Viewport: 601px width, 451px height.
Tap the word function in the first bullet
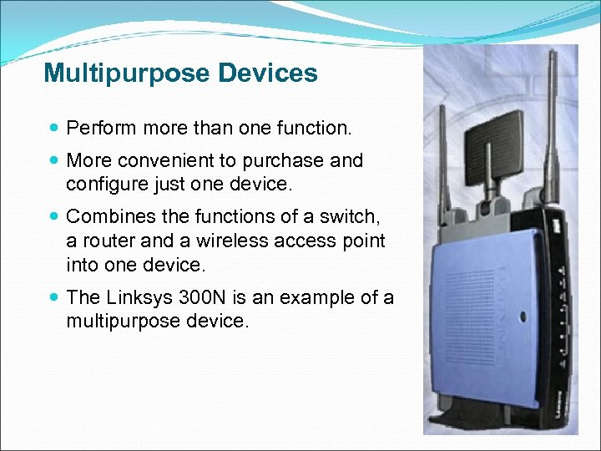(x=314, y=128)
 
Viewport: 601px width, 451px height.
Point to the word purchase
(x=283, y=160)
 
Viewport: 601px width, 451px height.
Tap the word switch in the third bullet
(x=351, y=216)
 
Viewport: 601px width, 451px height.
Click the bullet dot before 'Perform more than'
(x=54, y=129)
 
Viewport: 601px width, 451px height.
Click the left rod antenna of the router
(x=440, y=167)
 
